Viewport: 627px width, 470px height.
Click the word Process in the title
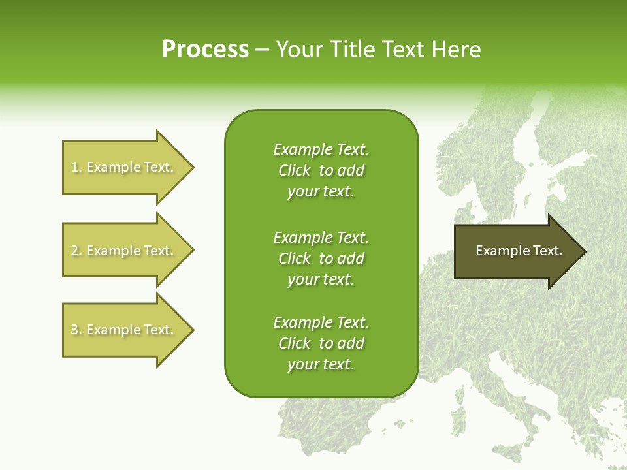(x=205, y=50)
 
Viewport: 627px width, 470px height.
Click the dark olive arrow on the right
(x=509, y=251)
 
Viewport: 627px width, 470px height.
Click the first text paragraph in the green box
(x=321, y=170)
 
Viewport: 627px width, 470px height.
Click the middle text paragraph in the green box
(x=321, y=258)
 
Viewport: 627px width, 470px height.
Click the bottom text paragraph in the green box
(x=321, y=343)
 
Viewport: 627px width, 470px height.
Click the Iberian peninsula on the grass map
(x=327, y=431)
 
